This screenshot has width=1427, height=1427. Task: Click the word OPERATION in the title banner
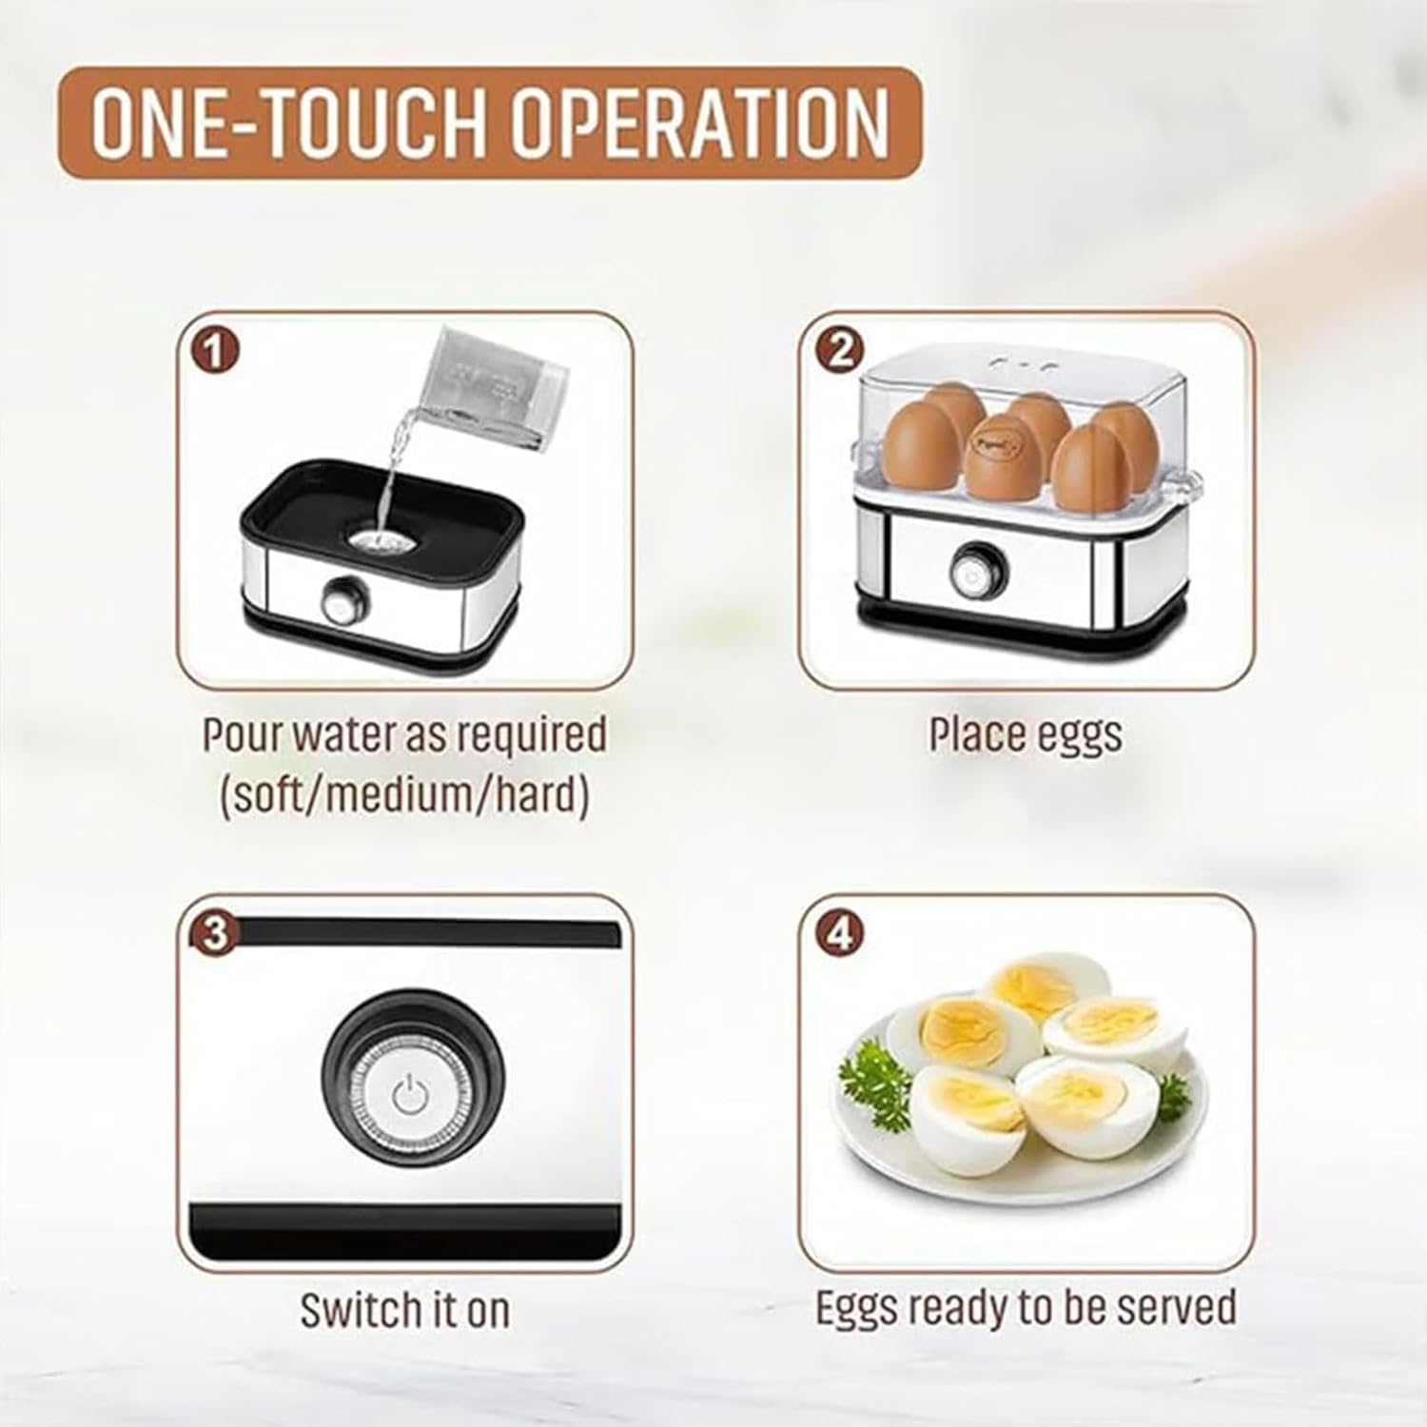pyautogui.click(x=701, y=123)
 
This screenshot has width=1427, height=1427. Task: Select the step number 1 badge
pyautogui.click(x=215, y=353)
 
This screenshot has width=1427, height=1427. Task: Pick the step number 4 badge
pyautogui.click(x=840, y=935)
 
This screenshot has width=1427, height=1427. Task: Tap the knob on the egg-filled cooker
pyautogui.click(x=970, y=571)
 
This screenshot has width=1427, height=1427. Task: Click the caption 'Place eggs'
pyautogui.click(x=1026, y=734)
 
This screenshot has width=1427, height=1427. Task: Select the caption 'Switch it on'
pyautogui.click(x=405, y=1310)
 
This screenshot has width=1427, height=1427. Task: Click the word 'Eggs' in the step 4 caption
pyautogui.click(x=856, y=1308)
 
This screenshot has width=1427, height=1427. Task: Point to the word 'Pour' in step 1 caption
pyautogui.click(x=242, y=734)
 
